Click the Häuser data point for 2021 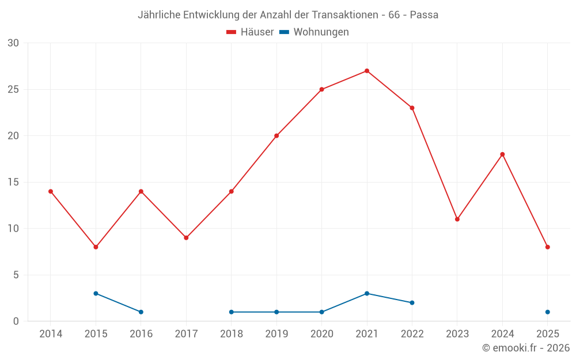point(367,71)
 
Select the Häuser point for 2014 point(51,191)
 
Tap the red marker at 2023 point(457,219)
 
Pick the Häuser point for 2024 point(502,154)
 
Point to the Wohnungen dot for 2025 point(548,312)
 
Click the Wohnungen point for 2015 point(96,293)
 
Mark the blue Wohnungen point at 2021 point(367,293)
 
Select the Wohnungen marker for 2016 point(141,312)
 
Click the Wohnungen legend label point(321,32)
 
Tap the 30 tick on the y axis point(13,43)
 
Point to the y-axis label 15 point(13,182)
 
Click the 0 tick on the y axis point(16,321)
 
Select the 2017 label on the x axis point(186,334)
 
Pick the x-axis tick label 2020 point(321,334)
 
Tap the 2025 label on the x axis point(548,334)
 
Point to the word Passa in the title point(424,15)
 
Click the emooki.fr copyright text point(526,348)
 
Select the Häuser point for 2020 point(321,89)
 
